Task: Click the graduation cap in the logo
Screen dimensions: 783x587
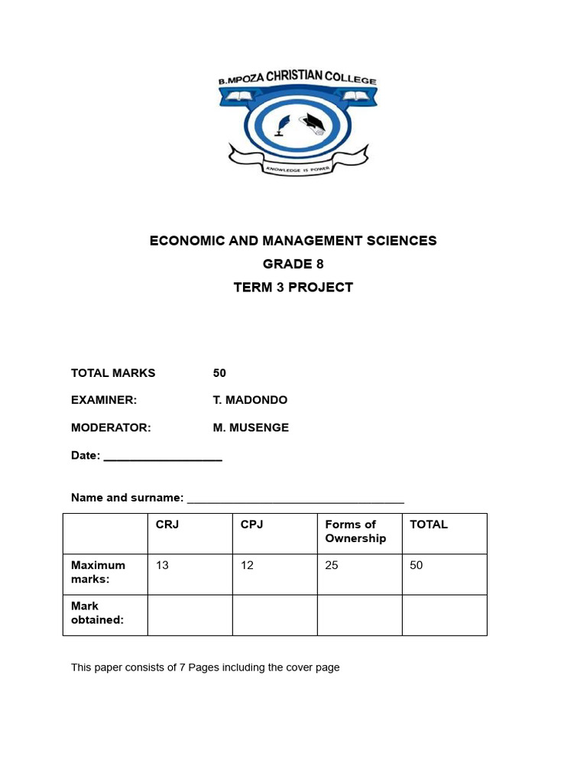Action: click(314, 121)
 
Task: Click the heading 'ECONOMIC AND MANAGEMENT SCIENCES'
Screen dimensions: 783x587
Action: click(293, 241)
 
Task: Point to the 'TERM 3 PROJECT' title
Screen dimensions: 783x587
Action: click(293, 288)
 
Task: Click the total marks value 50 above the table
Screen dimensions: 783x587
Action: click(219, 373)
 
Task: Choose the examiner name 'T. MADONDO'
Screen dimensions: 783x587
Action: click(250, 400)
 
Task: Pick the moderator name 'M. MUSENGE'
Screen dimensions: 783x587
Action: click(251, 427)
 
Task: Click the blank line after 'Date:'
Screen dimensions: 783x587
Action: click(163, 456)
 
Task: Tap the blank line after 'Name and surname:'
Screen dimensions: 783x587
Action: click(295, 499)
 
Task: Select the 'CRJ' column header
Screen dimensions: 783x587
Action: click(167, 525)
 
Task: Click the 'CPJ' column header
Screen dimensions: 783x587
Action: click(251, 525)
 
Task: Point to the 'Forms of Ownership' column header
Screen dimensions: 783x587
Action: click(355, 531)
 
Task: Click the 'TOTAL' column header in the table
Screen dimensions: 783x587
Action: click(429, 525)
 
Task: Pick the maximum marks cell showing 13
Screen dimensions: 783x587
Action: click(162, 566)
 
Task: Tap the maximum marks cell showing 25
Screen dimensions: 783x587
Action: click(332, 566)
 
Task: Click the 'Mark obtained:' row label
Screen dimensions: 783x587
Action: click(97, 613)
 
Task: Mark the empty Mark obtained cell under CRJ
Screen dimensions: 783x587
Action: click(190, 615)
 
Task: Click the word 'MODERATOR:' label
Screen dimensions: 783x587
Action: click(111, 427)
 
